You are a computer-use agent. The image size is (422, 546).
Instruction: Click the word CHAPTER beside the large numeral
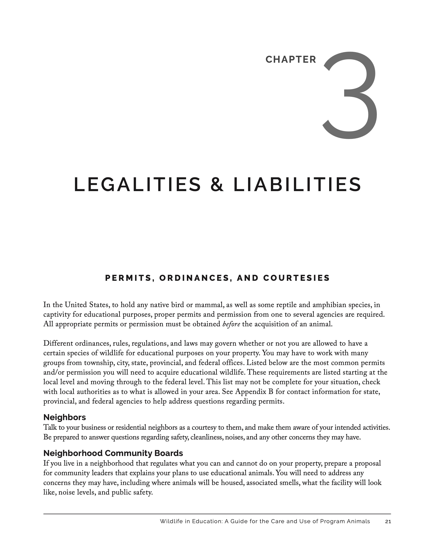coord(291,60)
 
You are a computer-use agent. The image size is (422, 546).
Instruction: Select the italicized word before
coord(231,324)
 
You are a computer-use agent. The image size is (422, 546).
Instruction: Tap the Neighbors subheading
coord(65,417)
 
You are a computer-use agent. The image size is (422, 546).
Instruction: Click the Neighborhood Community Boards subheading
coord(113,453)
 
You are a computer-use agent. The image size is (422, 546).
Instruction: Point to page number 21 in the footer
coord(388,521)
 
